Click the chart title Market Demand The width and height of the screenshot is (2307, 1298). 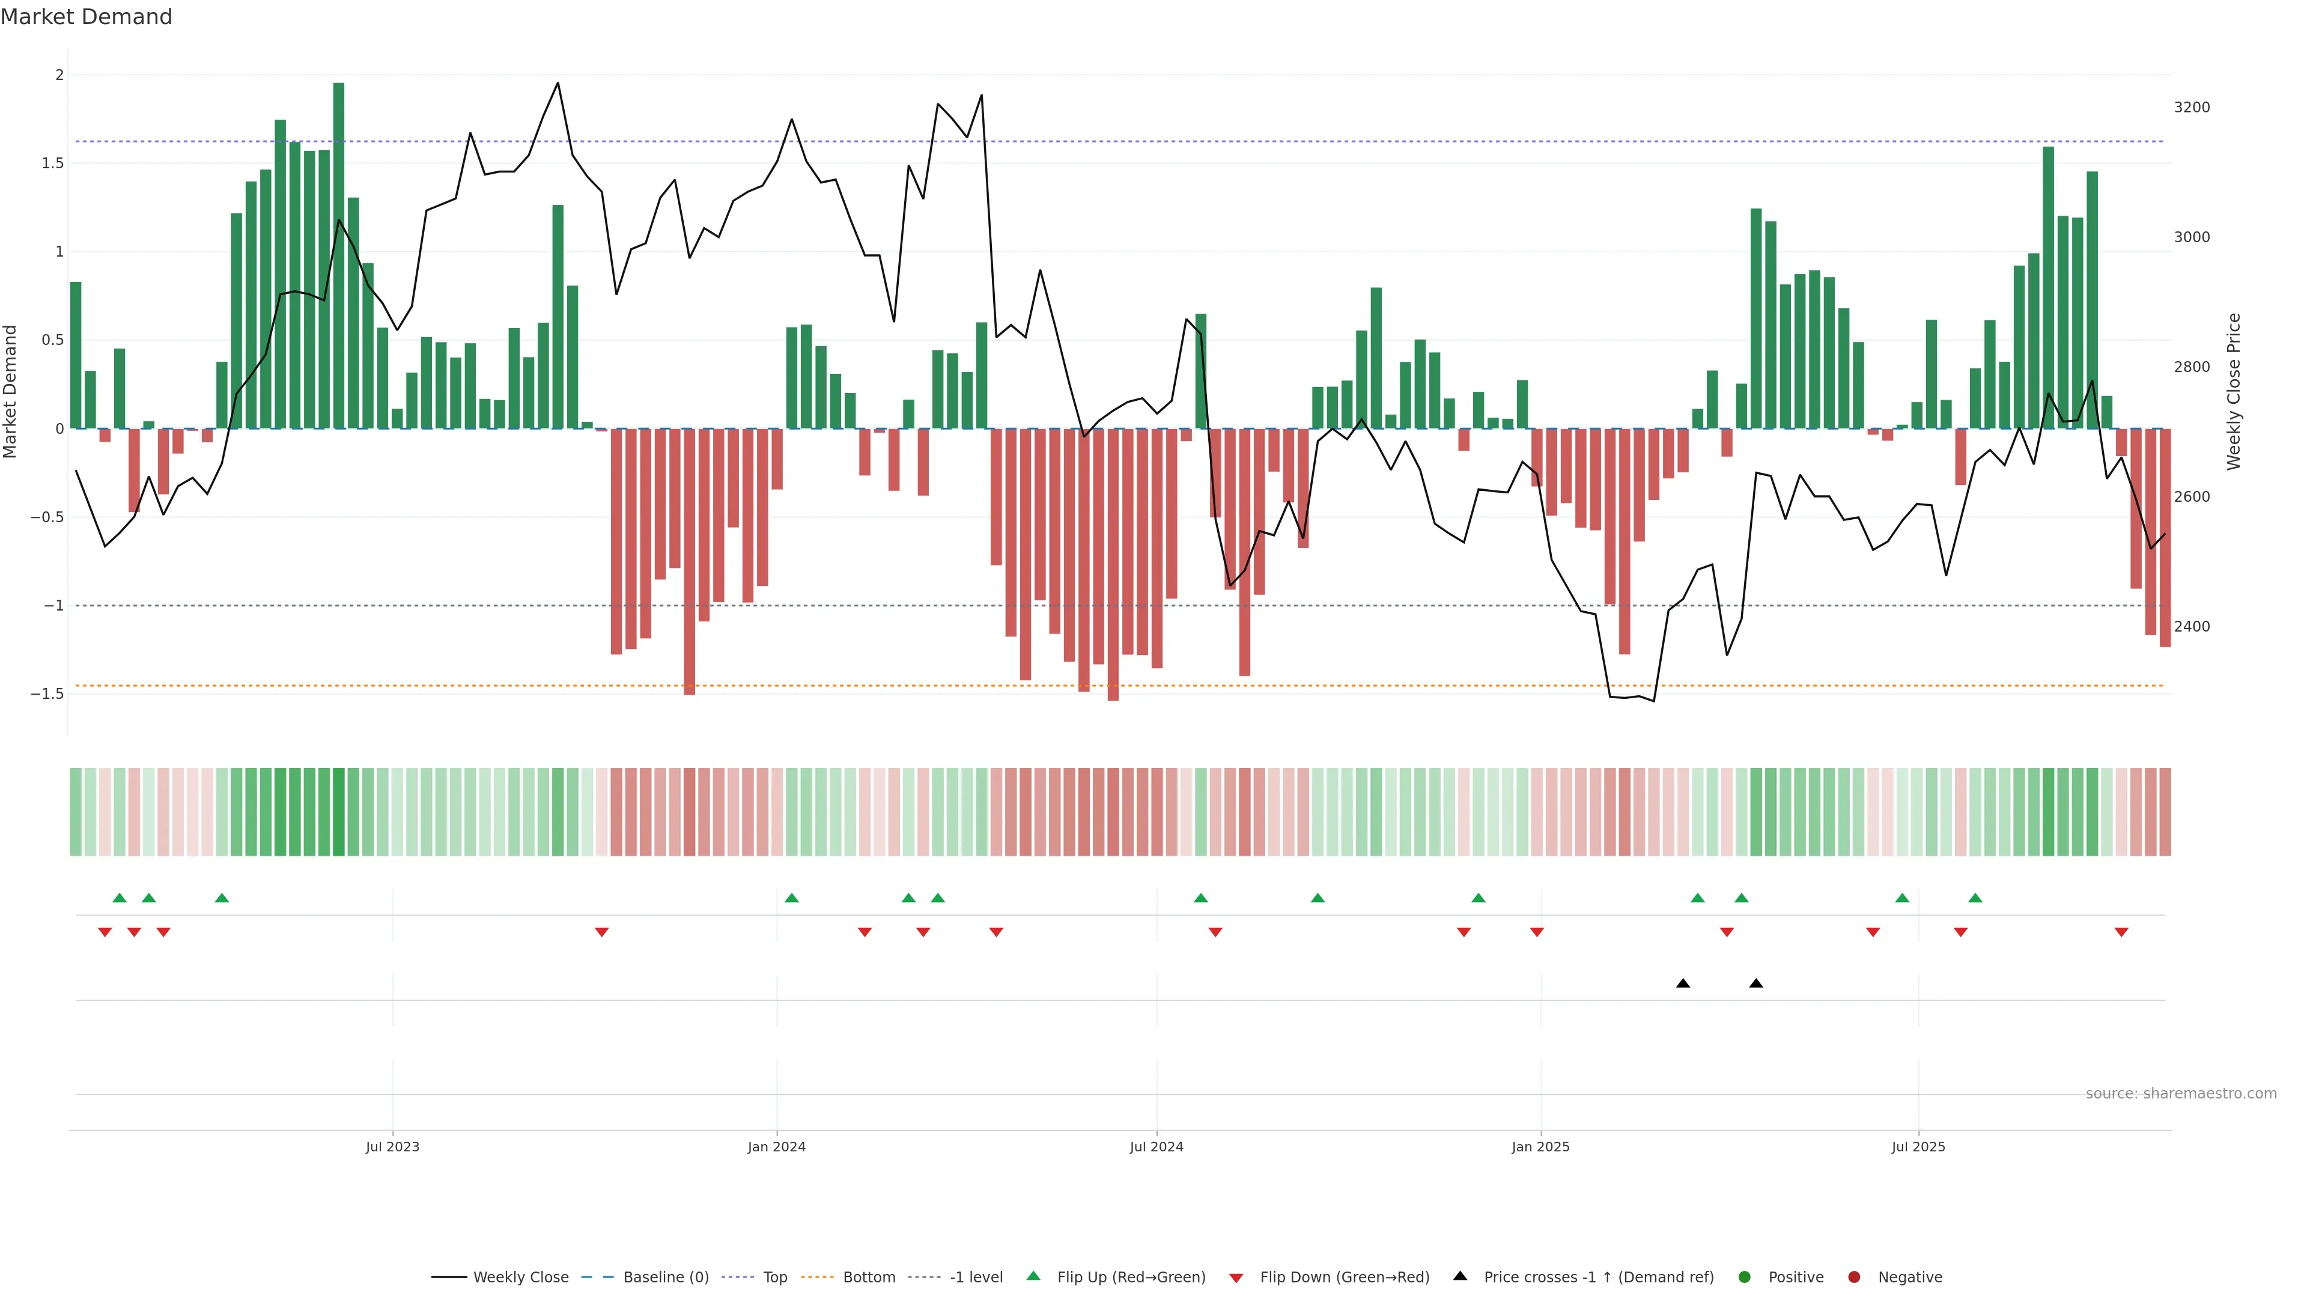(86, 17)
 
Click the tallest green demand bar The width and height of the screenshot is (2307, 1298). (338, 255)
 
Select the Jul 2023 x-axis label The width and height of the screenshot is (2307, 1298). (392, 1147)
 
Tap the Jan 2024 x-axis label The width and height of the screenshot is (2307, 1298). (776, 1147)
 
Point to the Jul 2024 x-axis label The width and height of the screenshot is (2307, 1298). (1156, 1147)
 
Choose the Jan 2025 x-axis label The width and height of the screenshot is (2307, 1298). (1540, 1147)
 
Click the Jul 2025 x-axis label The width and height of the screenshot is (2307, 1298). (1918, 1147)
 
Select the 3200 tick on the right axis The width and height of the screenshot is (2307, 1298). (2192, 108)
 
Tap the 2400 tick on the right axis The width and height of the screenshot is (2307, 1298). (2192, 626)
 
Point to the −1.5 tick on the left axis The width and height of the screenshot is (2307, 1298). (47, 694)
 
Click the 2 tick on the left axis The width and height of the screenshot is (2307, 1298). (59, 75)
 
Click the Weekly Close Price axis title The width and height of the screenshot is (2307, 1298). (2234, 391)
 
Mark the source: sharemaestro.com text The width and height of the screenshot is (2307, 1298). (2181, 1094)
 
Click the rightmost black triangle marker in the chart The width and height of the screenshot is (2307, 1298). (1756, 984)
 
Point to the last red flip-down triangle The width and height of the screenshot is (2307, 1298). (2121, 933)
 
